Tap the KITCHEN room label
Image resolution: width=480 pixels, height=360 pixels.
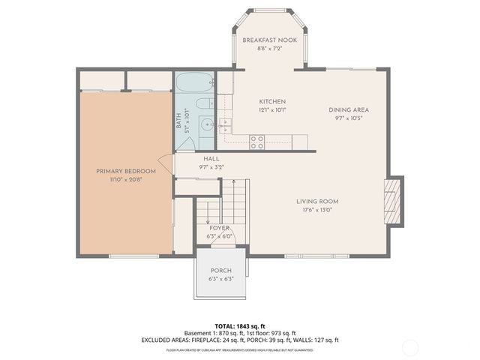click(272, 101)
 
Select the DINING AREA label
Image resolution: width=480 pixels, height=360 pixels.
click(349, 109)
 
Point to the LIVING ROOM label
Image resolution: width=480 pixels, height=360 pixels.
click(316, 201)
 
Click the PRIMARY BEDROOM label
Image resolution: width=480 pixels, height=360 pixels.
click(125, 171)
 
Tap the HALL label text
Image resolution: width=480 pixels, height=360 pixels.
click(211, 159)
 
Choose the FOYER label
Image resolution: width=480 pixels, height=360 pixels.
click(219, 228)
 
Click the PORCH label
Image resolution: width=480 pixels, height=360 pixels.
click(220, 271)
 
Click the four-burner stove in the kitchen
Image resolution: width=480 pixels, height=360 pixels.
click(256, 139)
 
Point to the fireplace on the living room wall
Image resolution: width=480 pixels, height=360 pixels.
click(393, 201)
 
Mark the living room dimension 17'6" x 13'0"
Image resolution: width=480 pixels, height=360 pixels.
click(316, 210)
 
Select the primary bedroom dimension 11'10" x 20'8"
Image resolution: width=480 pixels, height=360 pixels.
click(125, 180)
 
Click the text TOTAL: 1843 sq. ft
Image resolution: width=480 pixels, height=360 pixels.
click(240, 325)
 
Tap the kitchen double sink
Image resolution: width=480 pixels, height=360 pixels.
click(227, 125)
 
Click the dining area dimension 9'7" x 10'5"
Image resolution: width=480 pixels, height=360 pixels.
click(349, 118)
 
